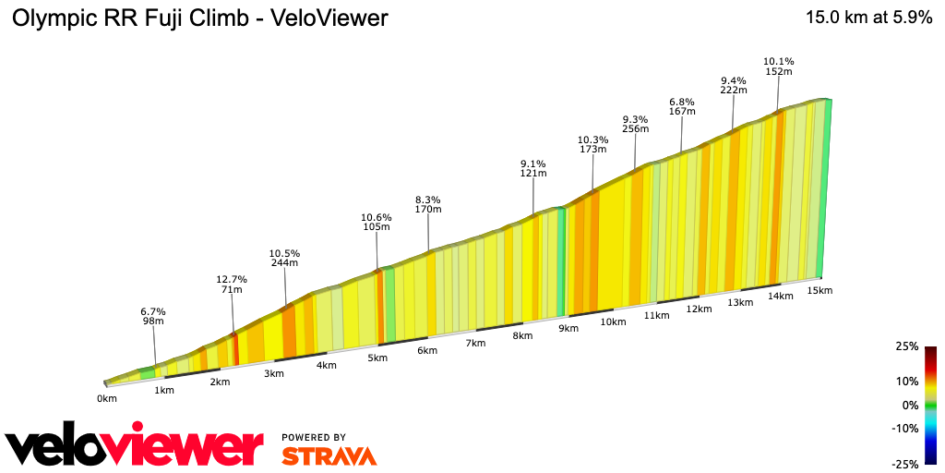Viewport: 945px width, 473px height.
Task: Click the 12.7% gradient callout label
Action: click(x=232, y=278)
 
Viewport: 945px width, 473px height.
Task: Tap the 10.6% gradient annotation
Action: click(x=376, y=217)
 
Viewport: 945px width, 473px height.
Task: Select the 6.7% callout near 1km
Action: click(x=153, y=310)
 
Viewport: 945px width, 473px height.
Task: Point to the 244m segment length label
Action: click(x=284, y=263)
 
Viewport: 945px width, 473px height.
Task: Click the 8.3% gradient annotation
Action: click(x=428, y=200)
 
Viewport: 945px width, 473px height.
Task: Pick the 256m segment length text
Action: click(x=635, y=129)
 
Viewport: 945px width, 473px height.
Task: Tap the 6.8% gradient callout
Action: click(x=682, y=102)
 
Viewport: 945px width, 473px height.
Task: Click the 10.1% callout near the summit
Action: click(x=779, y=62)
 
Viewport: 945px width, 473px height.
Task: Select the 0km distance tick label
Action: click(x=107, y=398)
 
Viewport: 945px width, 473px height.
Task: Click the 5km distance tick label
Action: click(x=377, y=358)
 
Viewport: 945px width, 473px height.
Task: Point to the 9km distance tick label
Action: click(x=568, y=329)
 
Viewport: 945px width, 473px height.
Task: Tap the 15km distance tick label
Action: click(x=820, y=290)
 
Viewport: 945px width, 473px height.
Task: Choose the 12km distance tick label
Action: click(x=699, y=309)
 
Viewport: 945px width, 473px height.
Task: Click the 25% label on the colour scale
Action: click(x=907, y=346)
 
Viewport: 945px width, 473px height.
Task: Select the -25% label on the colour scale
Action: click(x=905, y=463)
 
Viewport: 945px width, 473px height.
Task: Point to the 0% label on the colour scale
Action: click(x=910, y=405)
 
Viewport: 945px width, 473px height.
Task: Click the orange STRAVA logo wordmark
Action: click(x=329, y=455)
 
